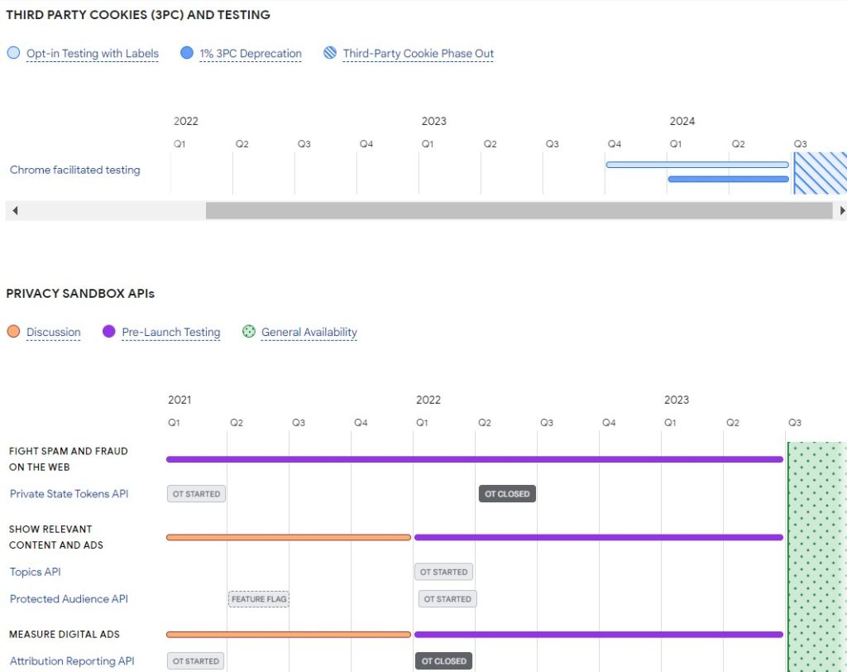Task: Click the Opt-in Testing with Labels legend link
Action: click(92, 54)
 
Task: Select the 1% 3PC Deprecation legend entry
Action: click(250, 54)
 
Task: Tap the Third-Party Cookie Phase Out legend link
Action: click(418, 54)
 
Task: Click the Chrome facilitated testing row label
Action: click(75, 170)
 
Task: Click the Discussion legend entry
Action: click(53, 333)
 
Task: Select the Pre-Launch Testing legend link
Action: click(170, 333)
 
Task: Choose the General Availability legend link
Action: click(309, 333)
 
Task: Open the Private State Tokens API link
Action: click(69, 494)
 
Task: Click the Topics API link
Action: click(35, 572)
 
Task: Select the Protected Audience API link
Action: click(69, 599)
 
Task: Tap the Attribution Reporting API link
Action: click(72, 661)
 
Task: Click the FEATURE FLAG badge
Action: click(259, 599)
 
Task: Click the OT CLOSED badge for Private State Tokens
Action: click(507, 494)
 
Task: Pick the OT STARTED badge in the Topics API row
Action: click(443, 572)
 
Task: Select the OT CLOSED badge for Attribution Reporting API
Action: click(444, 661)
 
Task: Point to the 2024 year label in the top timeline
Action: click(682, 121)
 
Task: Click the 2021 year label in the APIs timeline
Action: click(179, 400)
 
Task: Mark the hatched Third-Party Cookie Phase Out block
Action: click(820, 172)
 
